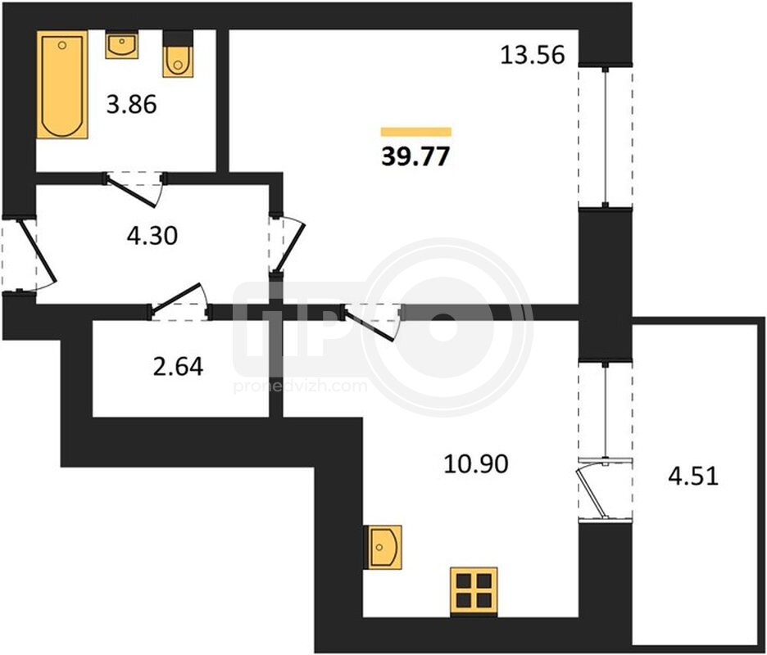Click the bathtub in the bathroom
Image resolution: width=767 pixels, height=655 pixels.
[x=62, y=84]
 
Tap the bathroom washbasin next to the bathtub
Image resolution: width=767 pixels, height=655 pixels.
[x=121, y=44]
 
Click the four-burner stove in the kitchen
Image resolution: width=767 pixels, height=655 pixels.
[x=474, y=591]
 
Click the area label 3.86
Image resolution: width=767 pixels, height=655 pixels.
[x=132, y=105]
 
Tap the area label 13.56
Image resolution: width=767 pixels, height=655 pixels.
[x=533, y=55]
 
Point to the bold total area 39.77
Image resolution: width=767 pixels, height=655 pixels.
[x=415, y=157]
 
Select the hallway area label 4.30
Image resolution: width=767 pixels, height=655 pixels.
[x=152, y=237]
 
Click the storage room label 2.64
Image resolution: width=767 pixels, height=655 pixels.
[x=178, y=367]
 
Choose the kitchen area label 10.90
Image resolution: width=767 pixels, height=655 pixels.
[x=476, y=463]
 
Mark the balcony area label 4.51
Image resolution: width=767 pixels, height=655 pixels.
[x=693, y=476]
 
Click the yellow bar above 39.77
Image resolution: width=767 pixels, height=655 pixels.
[x=416, y=132]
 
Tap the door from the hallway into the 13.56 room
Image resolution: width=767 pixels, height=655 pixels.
[x=289, y=245]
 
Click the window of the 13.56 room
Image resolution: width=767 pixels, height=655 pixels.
[x=606, y=137]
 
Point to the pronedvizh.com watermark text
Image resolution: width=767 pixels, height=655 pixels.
[x=300, y=386]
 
